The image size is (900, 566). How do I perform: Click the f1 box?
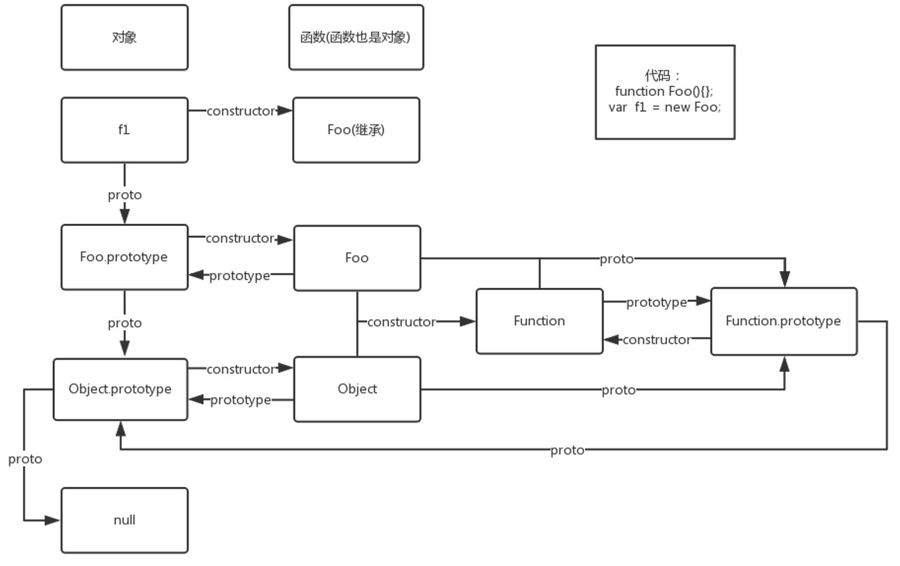pos(125,130)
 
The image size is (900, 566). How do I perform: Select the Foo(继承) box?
pos(356,130)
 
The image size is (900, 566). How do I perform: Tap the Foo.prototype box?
pos(125,257)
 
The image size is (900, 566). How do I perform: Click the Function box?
pos(539,321)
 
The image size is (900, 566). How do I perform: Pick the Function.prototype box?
pos(783,321)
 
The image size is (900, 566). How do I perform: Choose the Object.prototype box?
pos(120,389)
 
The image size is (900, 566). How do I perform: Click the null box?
pos(125,520)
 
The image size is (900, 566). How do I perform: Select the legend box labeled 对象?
pos(125,38)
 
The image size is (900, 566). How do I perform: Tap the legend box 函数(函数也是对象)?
pos(356,38)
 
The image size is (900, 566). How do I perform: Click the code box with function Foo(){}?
pos(665,92)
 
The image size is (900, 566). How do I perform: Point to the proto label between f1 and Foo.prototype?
pos(125,195)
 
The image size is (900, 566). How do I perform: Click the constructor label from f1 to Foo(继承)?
pos(241,111)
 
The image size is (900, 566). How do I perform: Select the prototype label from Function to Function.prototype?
pos(657,302)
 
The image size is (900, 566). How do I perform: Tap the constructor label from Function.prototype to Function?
pos(657,340)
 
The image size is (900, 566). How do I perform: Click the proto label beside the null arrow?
pos(25,459)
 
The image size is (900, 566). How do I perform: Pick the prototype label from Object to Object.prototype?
pos(241,400)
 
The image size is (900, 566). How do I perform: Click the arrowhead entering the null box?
pos(53,520)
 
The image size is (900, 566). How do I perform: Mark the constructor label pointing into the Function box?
pos(402,322)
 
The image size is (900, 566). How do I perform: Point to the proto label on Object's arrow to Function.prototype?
pos(619,390)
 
